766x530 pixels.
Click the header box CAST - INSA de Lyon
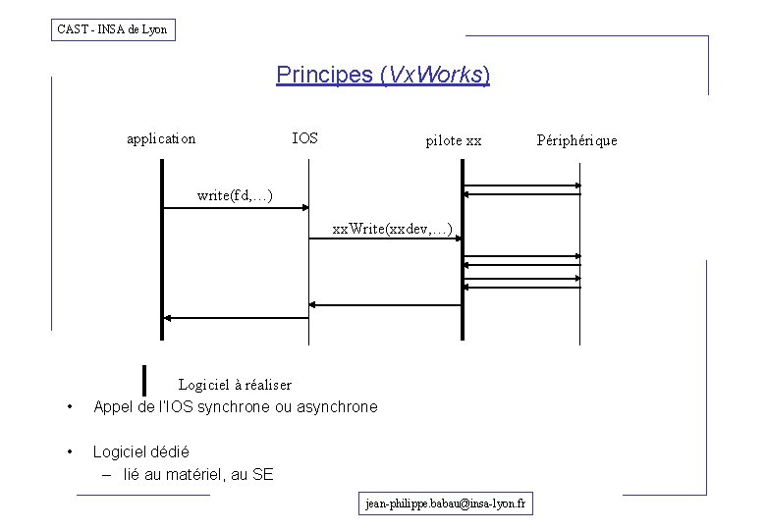114,29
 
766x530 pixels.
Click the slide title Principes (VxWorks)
383,75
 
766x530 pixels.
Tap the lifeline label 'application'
161,138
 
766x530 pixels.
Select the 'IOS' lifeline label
305,138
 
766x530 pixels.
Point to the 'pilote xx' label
454,141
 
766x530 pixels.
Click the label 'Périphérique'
577,140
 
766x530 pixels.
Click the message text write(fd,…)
235,196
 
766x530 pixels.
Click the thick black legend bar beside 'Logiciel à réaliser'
144,379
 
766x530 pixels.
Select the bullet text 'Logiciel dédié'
141,452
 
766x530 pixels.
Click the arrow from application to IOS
236,208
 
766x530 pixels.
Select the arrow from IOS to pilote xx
385,240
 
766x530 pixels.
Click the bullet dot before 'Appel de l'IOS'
69,406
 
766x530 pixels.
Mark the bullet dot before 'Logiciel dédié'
69,452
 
